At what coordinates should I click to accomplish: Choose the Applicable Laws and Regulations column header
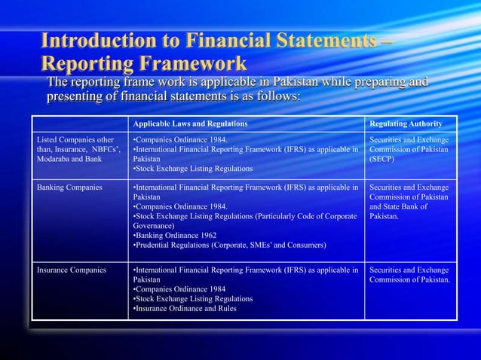[189, 123]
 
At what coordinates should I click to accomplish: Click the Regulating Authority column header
[406, 123]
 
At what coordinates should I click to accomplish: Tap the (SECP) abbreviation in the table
[382, 159]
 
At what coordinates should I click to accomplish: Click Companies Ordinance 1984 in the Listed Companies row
[178, 139]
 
